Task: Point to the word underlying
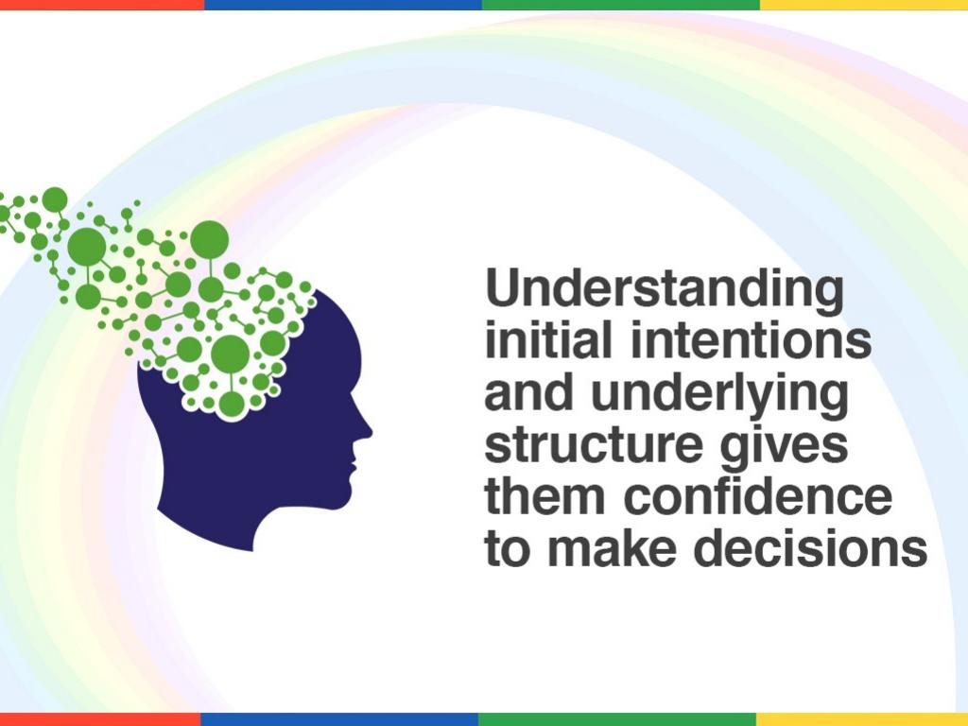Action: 719,395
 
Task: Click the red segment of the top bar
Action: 102,5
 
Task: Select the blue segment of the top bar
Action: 343,5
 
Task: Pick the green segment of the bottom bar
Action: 617,719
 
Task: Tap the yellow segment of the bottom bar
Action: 862,719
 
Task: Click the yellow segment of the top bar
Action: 864,5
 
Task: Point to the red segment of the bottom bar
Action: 100,719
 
